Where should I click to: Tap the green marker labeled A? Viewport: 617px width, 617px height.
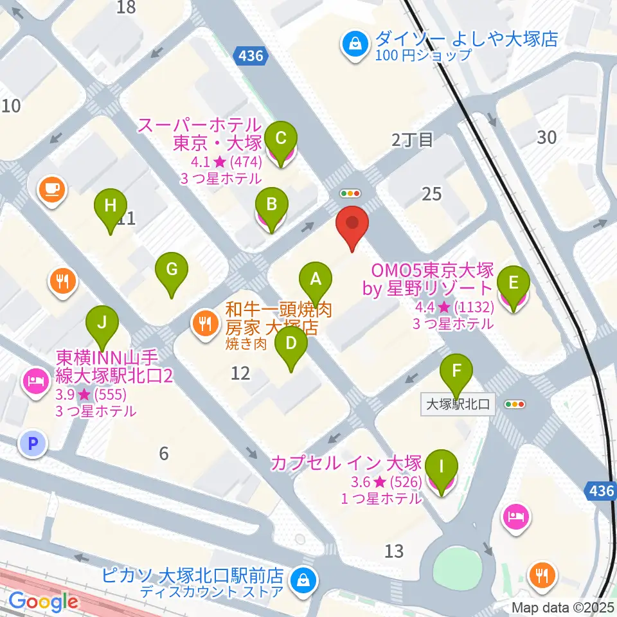[x=316, y=279]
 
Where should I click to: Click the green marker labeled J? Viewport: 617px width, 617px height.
[x=102, y=322]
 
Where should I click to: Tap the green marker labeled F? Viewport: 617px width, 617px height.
[x=456, y=371]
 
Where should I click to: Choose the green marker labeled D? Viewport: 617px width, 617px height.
[x=291, y=343]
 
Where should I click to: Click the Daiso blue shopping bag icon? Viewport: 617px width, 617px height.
[x=354, y=44]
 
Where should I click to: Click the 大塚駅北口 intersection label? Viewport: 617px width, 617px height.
[x=458, y=405]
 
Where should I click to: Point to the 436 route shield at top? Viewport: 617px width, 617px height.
[x=250, y=56]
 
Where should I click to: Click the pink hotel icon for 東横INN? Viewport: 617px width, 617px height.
[x=35, y=380]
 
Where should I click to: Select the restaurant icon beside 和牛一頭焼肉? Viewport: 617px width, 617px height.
[x=204, y=323]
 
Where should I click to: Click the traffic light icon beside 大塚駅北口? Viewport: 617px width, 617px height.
[x=515, y=404]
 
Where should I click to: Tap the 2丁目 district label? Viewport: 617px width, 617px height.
[x=413, y=140]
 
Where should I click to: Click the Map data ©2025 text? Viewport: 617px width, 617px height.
[x=563, y=607]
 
